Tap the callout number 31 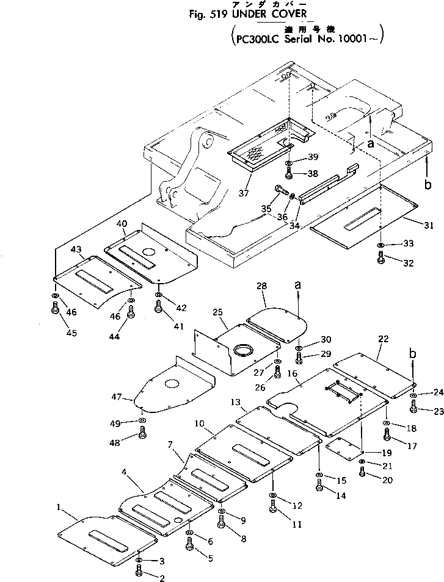429,226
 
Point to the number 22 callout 383,339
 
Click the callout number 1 59,506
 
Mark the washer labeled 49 142,421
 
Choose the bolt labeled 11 273,506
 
